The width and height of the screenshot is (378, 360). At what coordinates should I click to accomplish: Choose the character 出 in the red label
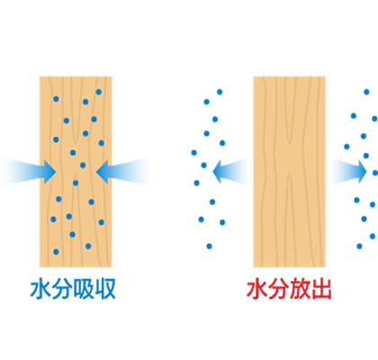[321, 289]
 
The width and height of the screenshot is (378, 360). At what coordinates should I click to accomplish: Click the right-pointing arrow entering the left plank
[29, 172]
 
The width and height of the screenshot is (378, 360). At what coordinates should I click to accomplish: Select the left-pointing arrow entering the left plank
[124, 172]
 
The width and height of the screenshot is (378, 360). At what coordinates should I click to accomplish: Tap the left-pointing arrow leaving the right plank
[231, 172]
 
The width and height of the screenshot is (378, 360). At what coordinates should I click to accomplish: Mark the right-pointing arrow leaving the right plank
[348, 172]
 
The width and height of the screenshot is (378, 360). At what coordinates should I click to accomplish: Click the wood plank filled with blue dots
[76, 172]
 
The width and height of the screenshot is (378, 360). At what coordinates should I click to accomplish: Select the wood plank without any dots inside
[290, 172]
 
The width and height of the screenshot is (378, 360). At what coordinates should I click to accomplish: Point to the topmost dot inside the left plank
[99, 92]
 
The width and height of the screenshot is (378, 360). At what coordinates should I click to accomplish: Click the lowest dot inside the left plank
[56, 252]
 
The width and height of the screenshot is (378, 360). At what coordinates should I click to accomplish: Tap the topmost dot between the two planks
[220, 92]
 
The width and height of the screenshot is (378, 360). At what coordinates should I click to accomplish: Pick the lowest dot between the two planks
[209, 247]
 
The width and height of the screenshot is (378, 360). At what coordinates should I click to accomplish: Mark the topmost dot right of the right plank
[366, 92]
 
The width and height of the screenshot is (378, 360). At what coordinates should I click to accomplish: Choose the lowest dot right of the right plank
[359, 247]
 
